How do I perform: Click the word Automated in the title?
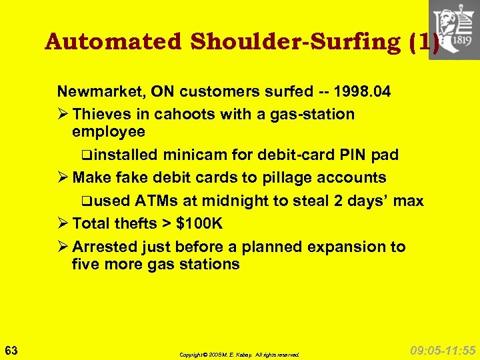click(113, 42)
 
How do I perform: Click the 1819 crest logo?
click(454, 30)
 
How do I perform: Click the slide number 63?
click(11, 350)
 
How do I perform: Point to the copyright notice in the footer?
click(239, 355)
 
